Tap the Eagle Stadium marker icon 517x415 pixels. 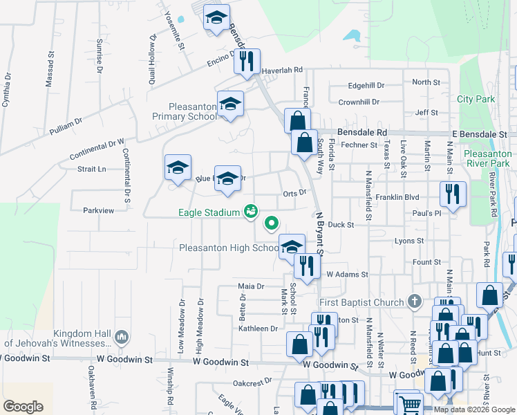[x=251, y=212]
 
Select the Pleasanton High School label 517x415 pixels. [x=228, y=248]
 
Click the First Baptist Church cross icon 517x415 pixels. [x=414, y=302]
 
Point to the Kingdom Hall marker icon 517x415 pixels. [x=122, y=337]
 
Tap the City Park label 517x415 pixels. [x=476, y=99]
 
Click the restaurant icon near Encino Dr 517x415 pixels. [x=247, y=60]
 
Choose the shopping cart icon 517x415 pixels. [x=408, y=403]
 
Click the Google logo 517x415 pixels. [x=23, y=407]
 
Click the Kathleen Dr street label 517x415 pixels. [x=257, y=329]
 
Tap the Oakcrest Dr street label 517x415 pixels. [x=250, y=382]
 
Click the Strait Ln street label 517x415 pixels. [x=91, y=169]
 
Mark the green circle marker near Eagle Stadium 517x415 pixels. [x=272, y=223]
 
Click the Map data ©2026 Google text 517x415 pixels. [x=473, y=409]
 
